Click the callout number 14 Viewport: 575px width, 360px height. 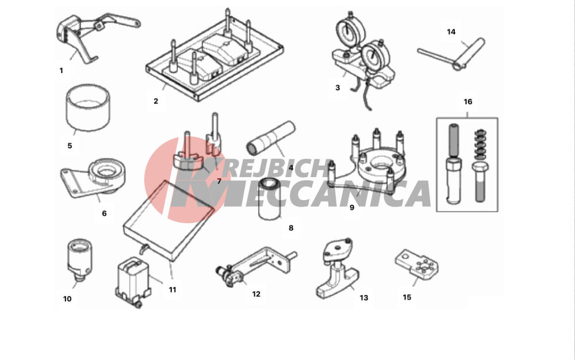[451, 32]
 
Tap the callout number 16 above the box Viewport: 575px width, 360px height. [468, 102]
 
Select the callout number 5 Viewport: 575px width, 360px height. [70, 146]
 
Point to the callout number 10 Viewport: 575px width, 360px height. [67, 299]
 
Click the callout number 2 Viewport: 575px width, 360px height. [156, 101]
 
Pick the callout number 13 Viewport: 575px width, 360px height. [364, 298]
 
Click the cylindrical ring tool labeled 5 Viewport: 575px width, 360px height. [88, 108]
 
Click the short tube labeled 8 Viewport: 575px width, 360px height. [270, 199]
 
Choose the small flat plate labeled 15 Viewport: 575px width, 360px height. [417, 263]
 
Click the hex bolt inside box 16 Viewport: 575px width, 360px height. [480, 182]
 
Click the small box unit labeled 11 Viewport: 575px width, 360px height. [132, 281]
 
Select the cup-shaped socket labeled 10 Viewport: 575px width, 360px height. [79, 260]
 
